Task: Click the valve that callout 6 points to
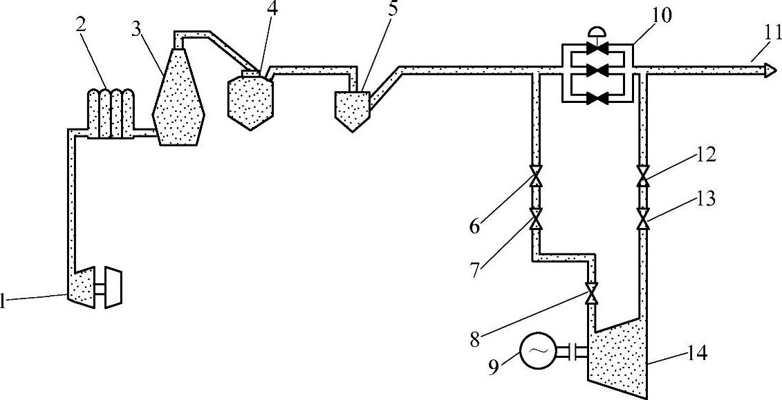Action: click(536, 176)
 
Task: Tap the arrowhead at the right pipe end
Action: click(768, 69)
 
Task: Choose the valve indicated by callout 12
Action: click(642, 176)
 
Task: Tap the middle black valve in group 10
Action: click(598, 69)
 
